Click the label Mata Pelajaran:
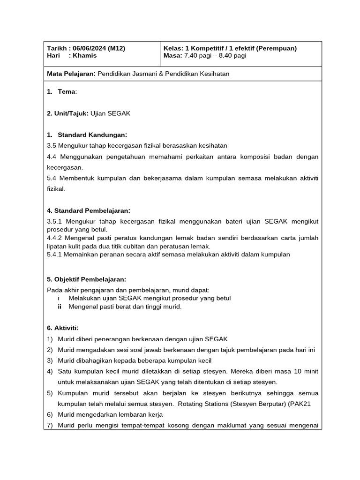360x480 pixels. [71, 74]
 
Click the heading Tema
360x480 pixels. [66, 91]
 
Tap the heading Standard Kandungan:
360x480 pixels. [92, 135]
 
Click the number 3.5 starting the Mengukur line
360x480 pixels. [52, 146]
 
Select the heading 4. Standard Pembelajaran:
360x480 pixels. [89, 210]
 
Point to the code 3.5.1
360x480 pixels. [55, 222]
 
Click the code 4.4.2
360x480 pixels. [55, 238]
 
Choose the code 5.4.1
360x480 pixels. [55, 255]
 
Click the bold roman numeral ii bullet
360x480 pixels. [60, 307]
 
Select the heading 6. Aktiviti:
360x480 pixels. [63, 328]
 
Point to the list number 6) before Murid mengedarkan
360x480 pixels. [50, 415]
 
